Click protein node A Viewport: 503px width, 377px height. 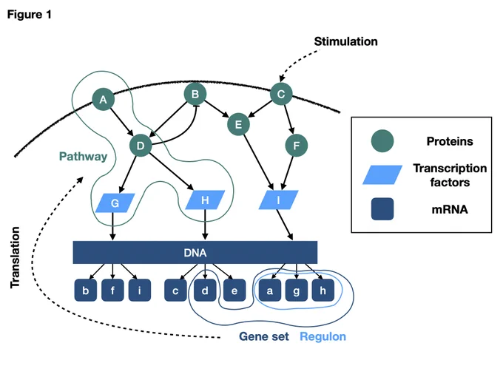pyautogui.click(x=103, y=99)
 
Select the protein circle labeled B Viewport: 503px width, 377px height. pyautogui.click(x=195, y=94)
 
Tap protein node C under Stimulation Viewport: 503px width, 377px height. pyautogui.click(x=281, y=94)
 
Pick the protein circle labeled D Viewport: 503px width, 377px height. pyautogui.click(x=141, y=146)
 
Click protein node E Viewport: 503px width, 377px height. pyautogui.click(x=238, y=124)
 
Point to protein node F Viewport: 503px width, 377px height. pyautogui.click(x=297, y=146)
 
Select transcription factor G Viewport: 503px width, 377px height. pyautogui.click(x=115, y=203)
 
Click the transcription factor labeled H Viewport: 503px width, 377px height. pyautogui.click(x=205, y=200)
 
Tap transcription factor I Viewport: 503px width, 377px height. pyautogui.click(x=278, y=200)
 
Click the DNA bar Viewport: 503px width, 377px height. pyautogui.click(x=195, y=253)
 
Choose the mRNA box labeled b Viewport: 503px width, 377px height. pyautogui.click(x=86, y=291)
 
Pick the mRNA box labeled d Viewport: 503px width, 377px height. pyautogui.click(x=205, y=291)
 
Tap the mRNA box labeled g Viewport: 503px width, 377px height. pyautogui.click(x=297, y=291)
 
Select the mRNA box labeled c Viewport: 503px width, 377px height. pyautogui.click(x=175, y=291)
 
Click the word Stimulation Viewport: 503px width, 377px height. pyautogui.click(x=345, y=41)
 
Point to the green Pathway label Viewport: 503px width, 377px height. pyautogui.click(x=83, y=157)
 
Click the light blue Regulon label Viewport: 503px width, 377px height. pyautogui.click(x=323, y=336)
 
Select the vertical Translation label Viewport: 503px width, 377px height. pyautogui.click(x=15, y=257)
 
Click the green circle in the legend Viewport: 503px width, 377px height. pyautogui.click(x=382, y=140)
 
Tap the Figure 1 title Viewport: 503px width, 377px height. pyautogui.click(x=29, y=15)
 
